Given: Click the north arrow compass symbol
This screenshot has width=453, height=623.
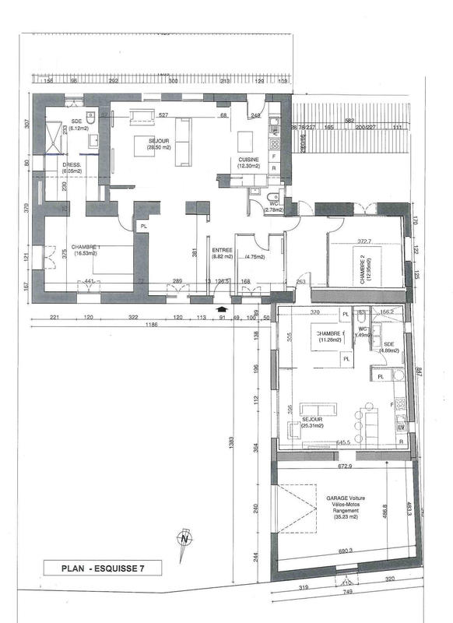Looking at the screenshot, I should click(184, 537).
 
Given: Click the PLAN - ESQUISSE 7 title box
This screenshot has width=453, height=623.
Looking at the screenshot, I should click(102, 568).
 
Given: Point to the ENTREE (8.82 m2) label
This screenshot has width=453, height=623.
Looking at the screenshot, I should click(223, 253).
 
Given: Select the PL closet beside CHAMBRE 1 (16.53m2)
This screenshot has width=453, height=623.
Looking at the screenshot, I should click(143, 227).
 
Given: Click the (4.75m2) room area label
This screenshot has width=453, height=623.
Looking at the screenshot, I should click(255, 257).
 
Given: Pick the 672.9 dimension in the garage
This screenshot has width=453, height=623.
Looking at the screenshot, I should click(346, 466).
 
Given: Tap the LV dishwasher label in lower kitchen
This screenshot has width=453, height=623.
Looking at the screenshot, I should click(402, 428).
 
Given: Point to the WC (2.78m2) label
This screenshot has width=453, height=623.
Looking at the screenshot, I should click(272, 206).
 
